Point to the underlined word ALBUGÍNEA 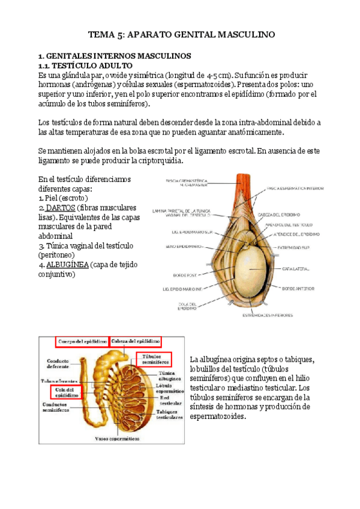tap(70, 265)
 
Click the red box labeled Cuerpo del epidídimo tap(83, 342)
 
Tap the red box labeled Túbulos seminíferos tap(155, 359)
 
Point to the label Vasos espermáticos tap(117, 439)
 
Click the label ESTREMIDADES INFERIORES tap(268, 314)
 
